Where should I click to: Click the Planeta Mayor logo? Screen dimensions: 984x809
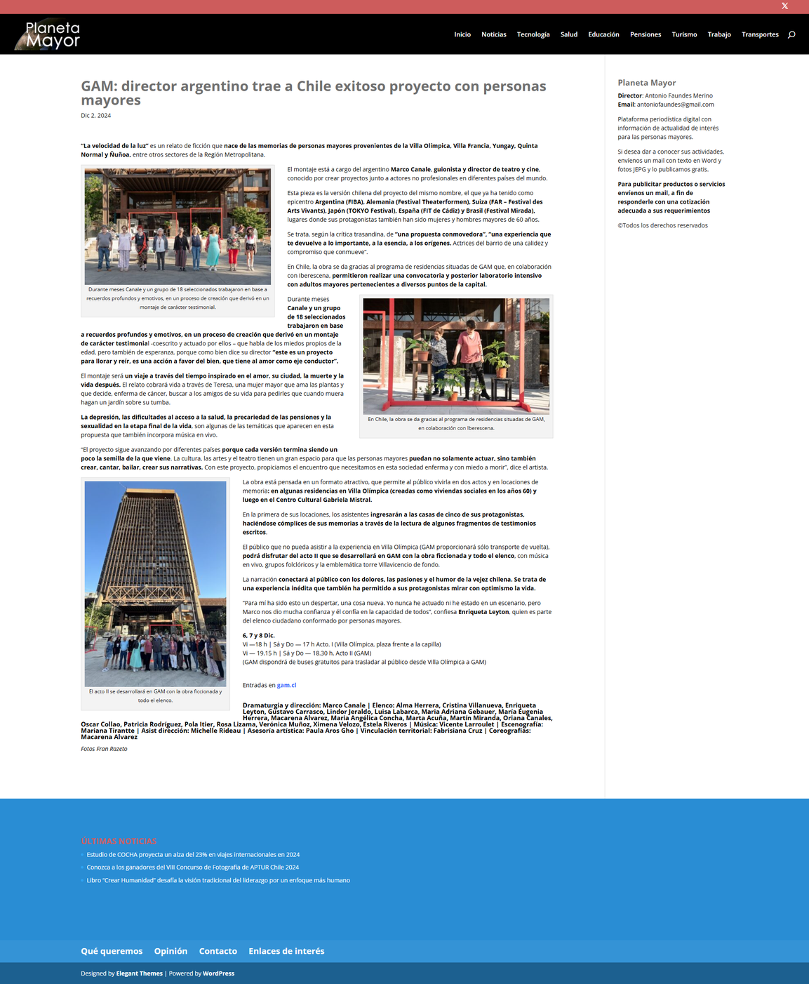point(48,34)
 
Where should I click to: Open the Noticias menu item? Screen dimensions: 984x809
point(493,34)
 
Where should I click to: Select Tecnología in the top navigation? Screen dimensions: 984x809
point(533,34)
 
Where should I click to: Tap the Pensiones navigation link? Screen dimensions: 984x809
point(645,34)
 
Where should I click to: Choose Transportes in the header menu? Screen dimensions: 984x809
point(760,34)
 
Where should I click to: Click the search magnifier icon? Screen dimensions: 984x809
point(791,34)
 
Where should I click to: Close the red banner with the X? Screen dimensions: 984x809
point(784,6)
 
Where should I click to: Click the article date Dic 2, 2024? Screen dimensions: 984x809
point(96,116)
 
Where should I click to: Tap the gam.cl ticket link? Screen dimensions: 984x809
point(286,685)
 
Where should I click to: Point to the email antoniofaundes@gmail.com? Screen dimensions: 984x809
point(675,105)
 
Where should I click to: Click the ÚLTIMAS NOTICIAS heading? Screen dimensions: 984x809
point(119,841)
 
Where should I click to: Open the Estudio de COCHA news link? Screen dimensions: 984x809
point(193,855)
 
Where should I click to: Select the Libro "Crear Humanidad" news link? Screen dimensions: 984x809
point(218,880)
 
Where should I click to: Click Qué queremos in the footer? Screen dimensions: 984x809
point(112,951)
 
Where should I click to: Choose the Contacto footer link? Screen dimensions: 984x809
point(218,951)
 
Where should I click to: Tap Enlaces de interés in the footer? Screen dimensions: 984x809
point(286,951)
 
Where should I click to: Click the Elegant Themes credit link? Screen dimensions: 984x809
point(139,973)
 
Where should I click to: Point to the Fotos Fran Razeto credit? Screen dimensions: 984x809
point(104,749)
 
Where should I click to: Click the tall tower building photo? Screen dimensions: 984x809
point(155,583)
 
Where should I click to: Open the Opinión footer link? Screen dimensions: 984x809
point(171,951)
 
